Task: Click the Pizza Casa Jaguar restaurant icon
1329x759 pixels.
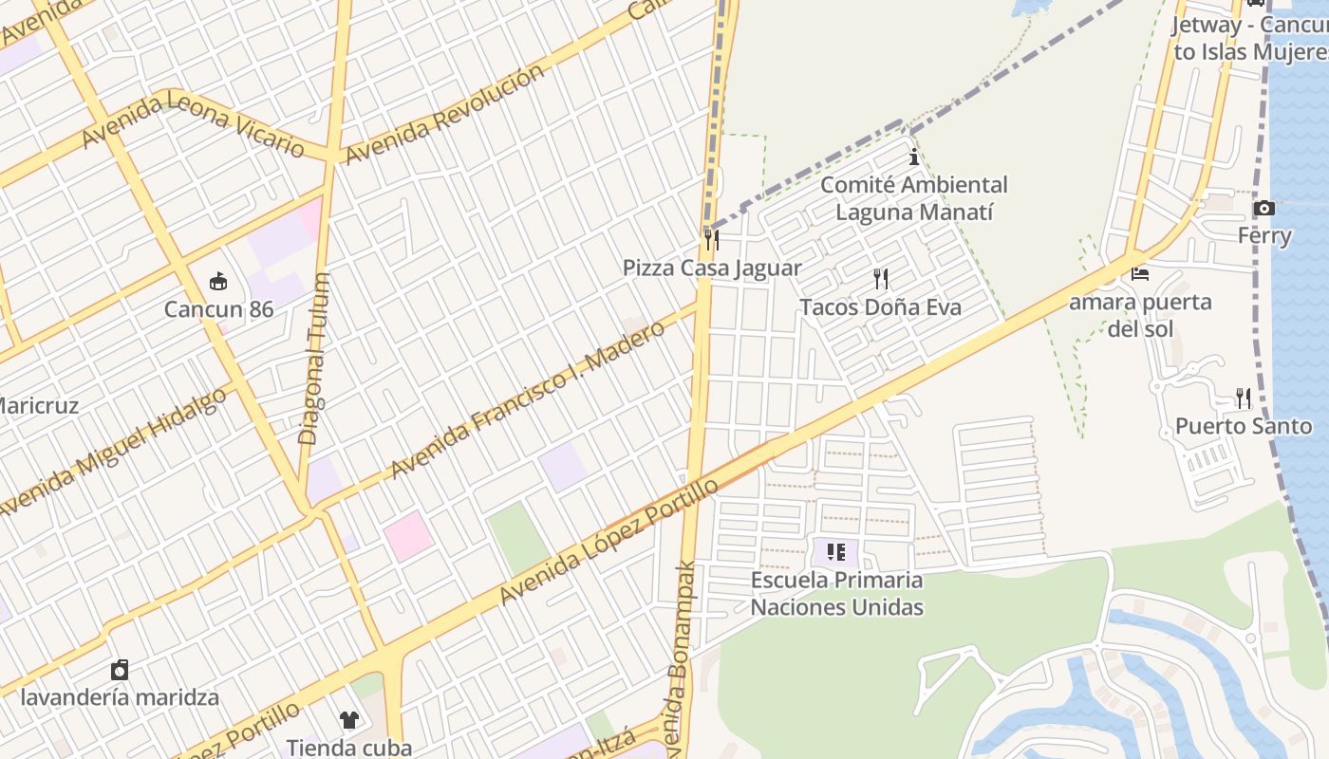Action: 711,239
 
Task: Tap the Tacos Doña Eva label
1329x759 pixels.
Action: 880,307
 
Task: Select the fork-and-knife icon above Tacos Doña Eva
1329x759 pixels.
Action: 881,278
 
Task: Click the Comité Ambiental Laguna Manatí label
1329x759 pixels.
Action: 913,198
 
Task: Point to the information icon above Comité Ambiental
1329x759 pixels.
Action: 914,157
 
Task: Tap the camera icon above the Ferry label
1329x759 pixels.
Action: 1263,208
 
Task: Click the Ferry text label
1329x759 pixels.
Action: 1263,235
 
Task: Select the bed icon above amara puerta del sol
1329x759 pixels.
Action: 1140,274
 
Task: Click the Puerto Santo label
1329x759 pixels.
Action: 1243,426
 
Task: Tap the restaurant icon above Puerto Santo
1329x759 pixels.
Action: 1243,398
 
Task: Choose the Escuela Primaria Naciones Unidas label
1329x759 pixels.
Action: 836,593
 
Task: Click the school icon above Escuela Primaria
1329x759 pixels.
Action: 835,551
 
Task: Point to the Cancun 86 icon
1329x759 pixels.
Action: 218,281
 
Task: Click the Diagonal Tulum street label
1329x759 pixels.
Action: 314,360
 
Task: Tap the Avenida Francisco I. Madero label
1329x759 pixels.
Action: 528,400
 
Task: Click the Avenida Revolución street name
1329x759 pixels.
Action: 445,113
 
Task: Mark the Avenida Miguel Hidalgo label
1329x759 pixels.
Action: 114,452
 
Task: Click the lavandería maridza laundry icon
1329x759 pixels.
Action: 120,670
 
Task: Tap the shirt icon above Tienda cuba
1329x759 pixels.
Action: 349,719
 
